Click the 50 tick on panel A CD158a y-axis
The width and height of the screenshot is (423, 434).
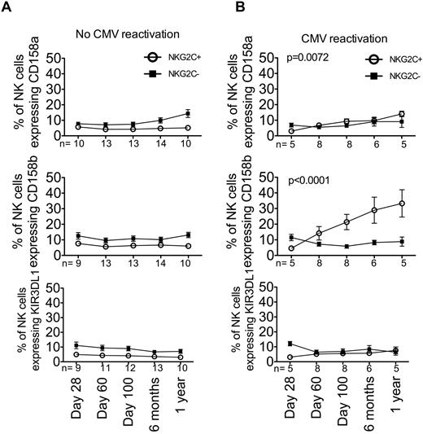pos(52,59)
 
